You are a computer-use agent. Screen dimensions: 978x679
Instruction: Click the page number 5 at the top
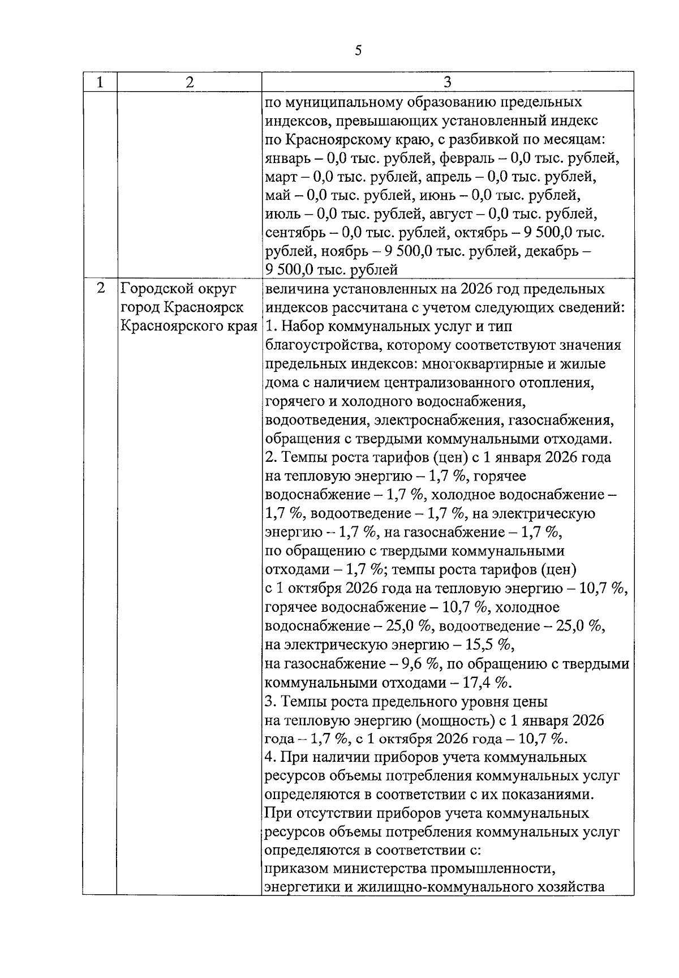click(x=358, y=51)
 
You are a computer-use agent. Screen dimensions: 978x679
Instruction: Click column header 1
click(x=100, y=83)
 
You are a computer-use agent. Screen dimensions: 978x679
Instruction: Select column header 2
click(x=189, y=83)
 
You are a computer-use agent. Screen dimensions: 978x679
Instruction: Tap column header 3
click(x=447, y=83)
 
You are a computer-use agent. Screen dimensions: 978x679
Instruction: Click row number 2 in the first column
click(x=100, y=289)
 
